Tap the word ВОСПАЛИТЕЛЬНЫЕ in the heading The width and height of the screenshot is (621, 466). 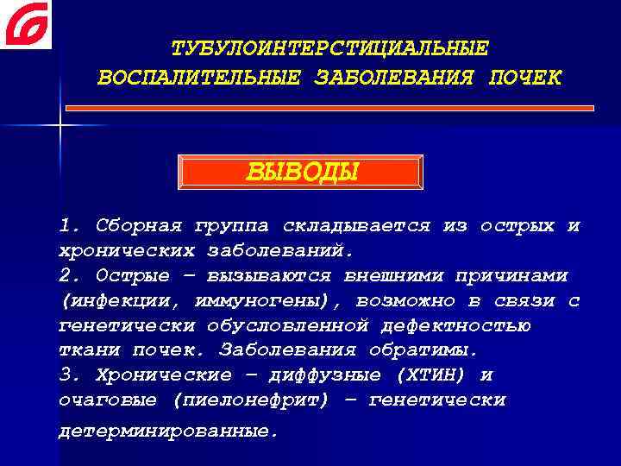tap(198, 78)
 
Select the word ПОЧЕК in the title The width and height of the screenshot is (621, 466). tap(524, 78)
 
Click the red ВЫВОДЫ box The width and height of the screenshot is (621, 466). tap(300, 172)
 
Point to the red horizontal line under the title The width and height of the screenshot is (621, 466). tap(330, 108)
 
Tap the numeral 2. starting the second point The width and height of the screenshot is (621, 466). tap(70, 276)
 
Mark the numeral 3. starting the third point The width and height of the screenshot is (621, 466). tap(70, 376)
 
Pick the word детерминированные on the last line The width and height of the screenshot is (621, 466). tap(169, 429)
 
